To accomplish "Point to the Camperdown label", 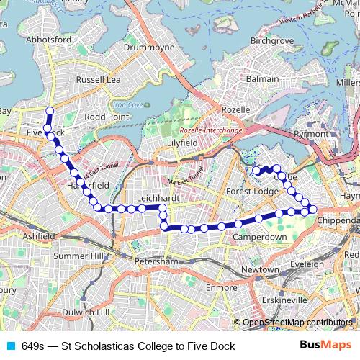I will pyautogui.click(x=261, y=236).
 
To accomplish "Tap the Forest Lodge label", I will pyautogui.click(x=251, y=191).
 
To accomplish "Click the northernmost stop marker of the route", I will pyautogui.click(x=50, y=111).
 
